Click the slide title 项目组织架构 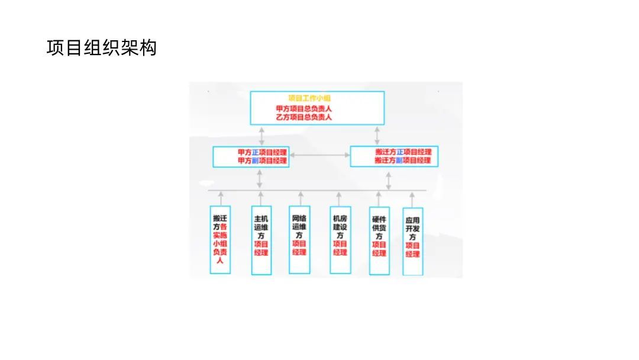point(101,48)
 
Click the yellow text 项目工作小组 point(309,98)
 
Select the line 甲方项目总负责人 point(304,109)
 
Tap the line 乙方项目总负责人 point(304,117)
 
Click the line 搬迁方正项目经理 point(403,152)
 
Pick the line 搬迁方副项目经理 point(403,160)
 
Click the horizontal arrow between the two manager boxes point(319,155)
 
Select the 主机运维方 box point(261,240)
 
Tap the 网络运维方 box point(299,239)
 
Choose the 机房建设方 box point(340,239)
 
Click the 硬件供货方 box point(379,240)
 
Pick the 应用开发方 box point(412,241)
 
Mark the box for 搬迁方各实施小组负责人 point(220,239)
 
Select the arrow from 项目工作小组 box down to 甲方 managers point(261,136)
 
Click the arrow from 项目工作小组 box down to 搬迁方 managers point(378,136)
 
